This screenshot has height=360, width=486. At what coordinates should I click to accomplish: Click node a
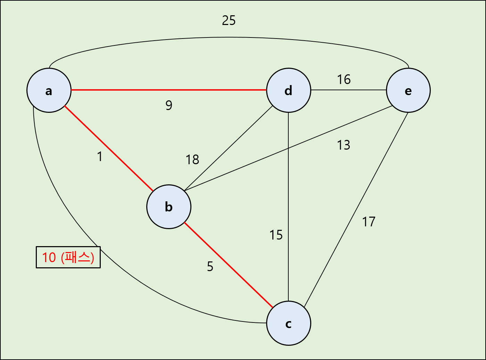coord(49,90)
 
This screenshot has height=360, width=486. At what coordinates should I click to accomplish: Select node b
coord(169,207)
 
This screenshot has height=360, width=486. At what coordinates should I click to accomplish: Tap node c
coord(288,323)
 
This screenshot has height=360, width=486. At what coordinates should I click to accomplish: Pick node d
coord(288,90)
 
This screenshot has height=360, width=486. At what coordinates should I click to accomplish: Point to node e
coord(408,90)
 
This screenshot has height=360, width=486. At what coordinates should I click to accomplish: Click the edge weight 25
coord(229,20)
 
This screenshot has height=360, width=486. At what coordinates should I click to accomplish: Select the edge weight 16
coord(344,79)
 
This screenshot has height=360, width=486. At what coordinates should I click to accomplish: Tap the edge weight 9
coord(169,105)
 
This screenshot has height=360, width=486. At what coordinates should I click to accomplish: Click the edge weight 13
coord(343,145)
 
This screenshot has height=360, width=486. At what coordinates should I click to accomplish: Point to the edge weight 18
coord(192,160)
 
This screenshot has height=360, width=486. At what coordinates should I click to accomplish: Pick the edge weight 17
coord(369,222)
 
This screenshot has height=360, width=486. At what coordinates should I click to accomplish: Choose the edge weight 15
coord(276,235)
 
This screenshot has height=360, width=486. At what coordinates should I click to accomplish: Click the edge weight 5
coord(210,266)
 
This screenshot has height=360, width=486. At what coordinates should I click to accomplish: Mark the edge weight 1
coord(100,157)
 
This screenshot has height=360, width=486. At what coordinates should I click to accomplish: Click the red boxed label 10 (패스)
coord(68,257)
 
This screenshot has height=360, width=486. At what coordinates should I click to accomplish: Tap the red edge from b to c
coord(228,265)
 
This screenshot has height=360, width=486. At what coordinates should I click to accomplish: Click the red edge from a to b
coord(108,149)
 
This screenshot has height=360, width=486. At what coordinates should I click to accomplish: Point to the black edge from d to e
coord(348,90)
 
